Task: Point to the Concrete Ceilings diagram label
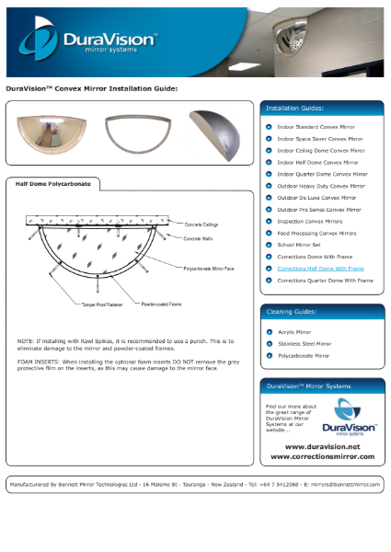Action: point(203,224)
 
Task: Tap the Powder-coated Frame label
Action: point(158,301)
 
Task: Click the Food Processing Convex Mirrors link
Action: point(316,233)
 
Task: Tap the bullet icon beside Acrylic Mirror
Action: point(268,331)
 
